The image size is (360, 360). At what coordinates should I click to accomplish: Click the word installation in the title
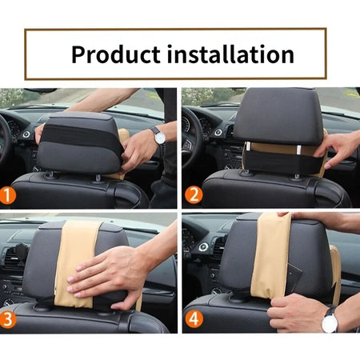229,54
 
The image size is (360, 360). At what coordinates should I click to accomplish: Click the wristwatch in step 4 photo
330,321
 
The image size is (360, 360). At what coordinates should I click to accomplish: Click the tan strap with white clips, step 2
272,149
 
